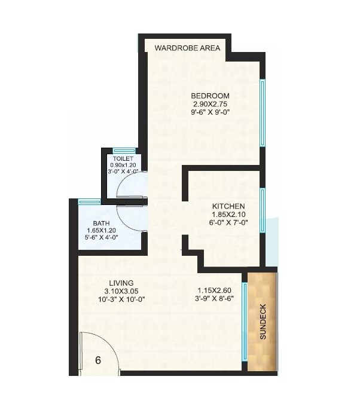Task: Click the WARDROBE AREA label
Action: pos(187,48)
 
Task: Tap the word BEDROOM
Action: pos(210,96)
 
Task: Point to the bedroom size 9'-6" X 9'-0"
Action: pos(210,112)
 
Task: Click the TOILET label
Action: pos(123,158)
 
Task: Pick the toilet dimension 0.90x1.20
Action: pos(123,165)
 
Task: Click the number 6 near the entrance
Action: pos(98,360)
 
